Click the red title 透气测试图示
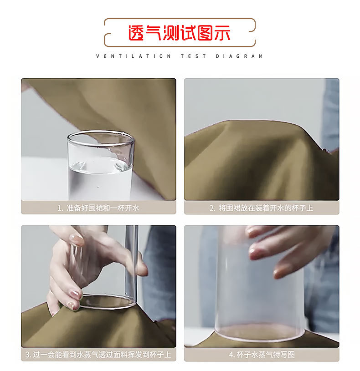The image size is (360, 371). pos(179,33)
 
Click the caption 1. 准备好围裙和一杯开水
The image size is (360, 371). pos(98,208)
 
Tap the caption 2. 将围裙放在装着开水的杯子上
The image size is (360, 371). pos(262,208)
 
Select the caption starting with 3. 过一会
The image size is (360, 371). pos(98,355)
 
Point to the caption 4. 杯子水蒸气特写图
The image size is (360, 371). pos(262,355)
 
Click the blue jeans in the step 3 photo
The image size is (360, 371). pos(159,273)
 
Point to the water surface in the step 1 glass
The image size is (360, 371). pos(100,164)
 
